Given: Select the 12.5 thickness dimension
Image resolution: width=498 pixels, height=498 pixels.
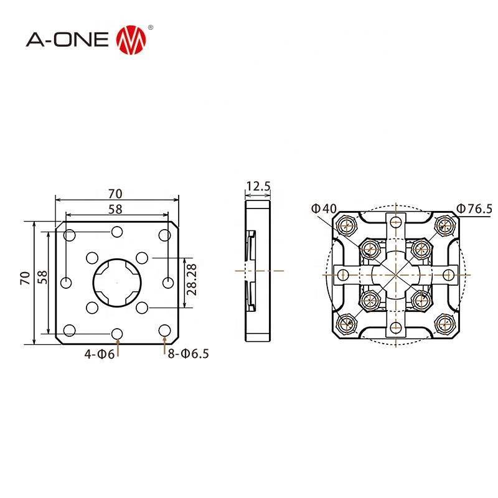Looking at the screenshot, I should coord(258,186).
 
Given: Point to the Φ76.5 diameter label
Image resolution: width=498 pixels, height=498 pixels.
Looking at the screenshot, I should coord(474,208).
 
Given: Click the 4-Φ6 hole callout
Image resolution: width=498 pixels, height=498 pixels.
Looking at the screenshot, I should coord(100,354).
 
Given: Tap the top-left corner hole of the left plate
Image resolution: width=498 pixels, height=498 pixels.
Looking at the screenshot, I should coord(70,235).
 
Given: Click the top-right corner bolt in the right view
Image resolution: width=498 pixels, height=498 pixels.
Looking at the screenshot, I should coord(444,223).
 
